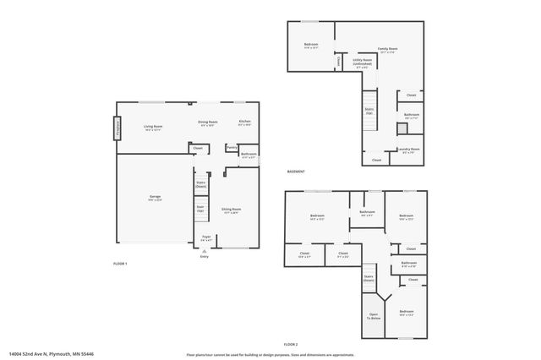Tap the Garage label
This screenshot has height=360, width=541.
click(x=156, y=198)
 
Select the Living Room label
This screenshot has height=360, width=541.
click(x=153, y=128)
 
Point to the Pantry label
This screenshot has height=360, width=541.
click(x=231, y=147)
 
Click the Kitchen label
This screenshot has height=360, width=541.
click(x=244, y=123)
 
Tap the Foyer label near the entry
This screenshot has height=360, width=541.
click(x=205, y=238)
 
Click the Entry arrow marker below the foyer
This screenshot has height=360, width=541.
click(x=204, y=253)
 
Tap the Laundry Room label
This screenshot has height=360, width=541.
click(x=410, y=151)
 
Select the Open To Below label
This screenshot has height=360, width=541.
click(x=374, y=317)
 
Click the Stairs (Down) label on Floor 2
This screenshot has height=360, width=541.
click(x=369, y=277)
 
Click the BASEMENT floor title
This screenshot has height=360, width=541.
click(x=296, y=171)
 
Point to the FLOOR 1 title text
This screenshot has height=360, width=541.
click(x=120, y=265)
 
